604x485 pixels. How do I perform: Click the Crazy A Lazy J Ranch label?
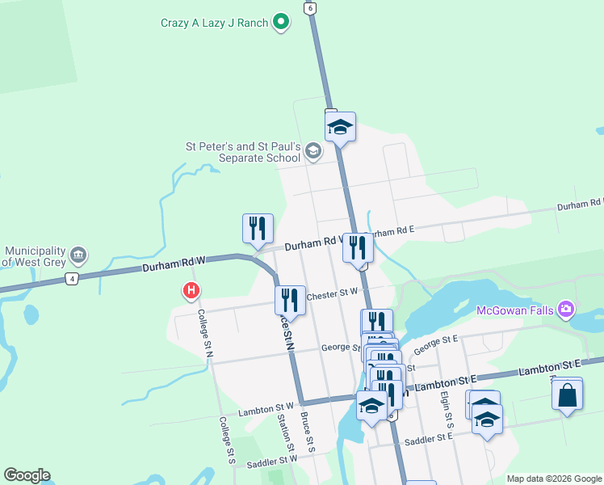[214, 23]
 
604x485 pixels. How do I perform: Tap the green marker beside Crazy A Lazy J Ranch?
[281, 22]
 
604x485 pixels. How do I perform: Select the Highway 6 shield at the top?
[309, 7]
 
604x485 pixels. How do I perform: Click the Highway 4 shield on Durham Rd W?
[73, 279]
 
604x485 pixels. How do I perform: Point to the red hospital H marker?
[191, 289]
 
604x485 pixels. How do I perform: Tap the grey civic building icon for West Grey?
[78, 255]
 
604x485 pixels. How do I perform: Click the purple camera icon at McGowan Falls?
[566, 309]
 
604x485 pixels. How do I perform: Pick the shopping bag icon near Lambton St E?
[568, 395]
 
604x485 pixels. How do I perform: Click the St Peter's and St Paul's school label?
[243, 152]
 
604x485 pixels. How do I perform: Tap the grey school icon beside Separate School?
[313, 151]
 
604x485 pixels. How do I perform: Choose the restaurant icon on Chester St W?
[290, 300]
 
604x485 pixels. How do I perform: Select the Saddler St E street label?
[430, 439]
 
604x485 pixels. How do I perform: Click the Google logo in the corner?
[27, 475]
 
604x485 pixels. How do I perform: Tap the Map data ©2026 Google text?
[555, 479]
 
